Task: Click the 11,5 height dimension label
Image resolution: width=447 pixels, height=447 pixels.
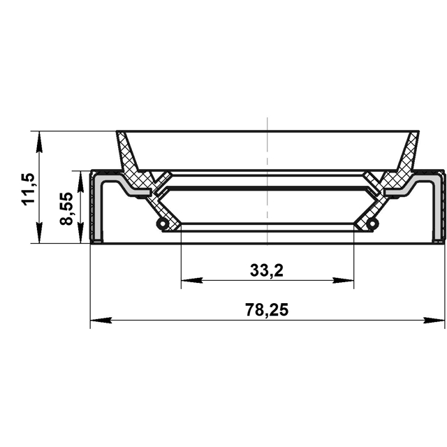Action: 28,189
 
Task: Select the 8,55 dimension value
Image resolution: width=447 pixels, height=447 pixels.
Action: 66,208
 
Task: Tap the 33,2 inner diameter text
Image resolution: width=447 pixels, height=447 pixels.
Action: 267,270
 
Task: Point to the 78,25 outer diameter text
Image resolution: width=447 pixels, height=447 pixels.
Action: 267,310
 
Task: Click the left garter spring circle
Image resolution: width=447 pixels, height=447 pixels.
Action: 163,223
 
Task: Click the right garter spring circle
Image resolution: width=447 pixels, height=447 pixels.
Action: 372,223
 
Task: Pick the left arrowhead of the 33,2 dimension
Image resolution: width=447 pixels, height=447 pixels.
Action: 192,281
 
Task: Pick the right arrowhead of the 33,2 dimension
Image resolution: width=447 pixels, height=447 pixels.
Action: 343,281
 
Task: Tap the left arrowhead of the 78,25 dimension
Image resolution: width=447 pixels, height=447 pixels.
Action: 101,320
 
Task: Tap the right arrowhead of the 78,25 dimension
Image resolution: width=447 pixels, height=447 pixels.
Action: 434,320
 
